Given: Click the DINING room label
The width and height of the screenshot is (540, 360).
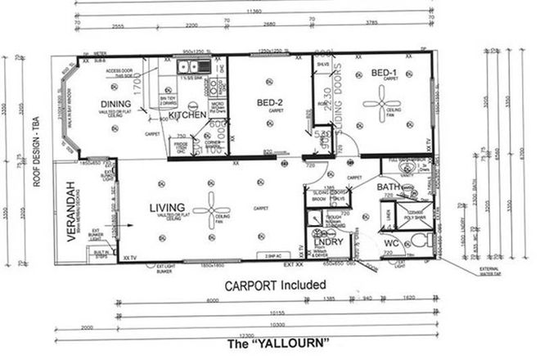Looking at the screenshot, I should pyautogui.click(x=117, y=103).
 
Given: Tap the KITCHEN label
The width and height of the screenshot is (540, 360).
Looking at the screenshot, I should pyautogui.click(x=187, y=115).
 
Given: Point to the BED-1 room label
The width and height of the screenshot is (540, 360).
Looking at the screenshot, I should pyautogui.click(x=384, y=74).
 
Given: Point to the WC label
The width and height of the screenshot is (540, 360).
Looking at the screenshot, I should pyautogui.click(x=392, y=244).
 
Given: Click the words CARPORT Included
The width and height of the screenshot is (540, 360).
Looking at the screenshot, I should pyautogui.click(x=276, y=285).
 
